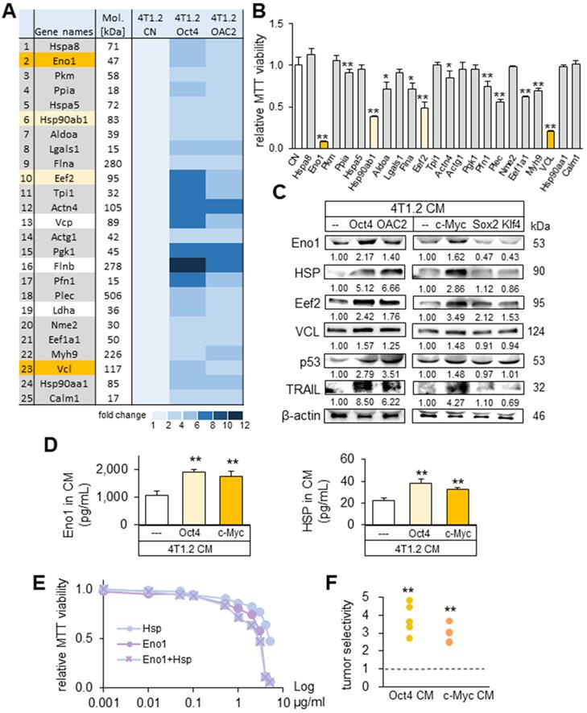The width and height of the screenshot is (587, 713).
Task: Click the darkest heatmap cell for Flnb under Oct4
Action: click(190, 262)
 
